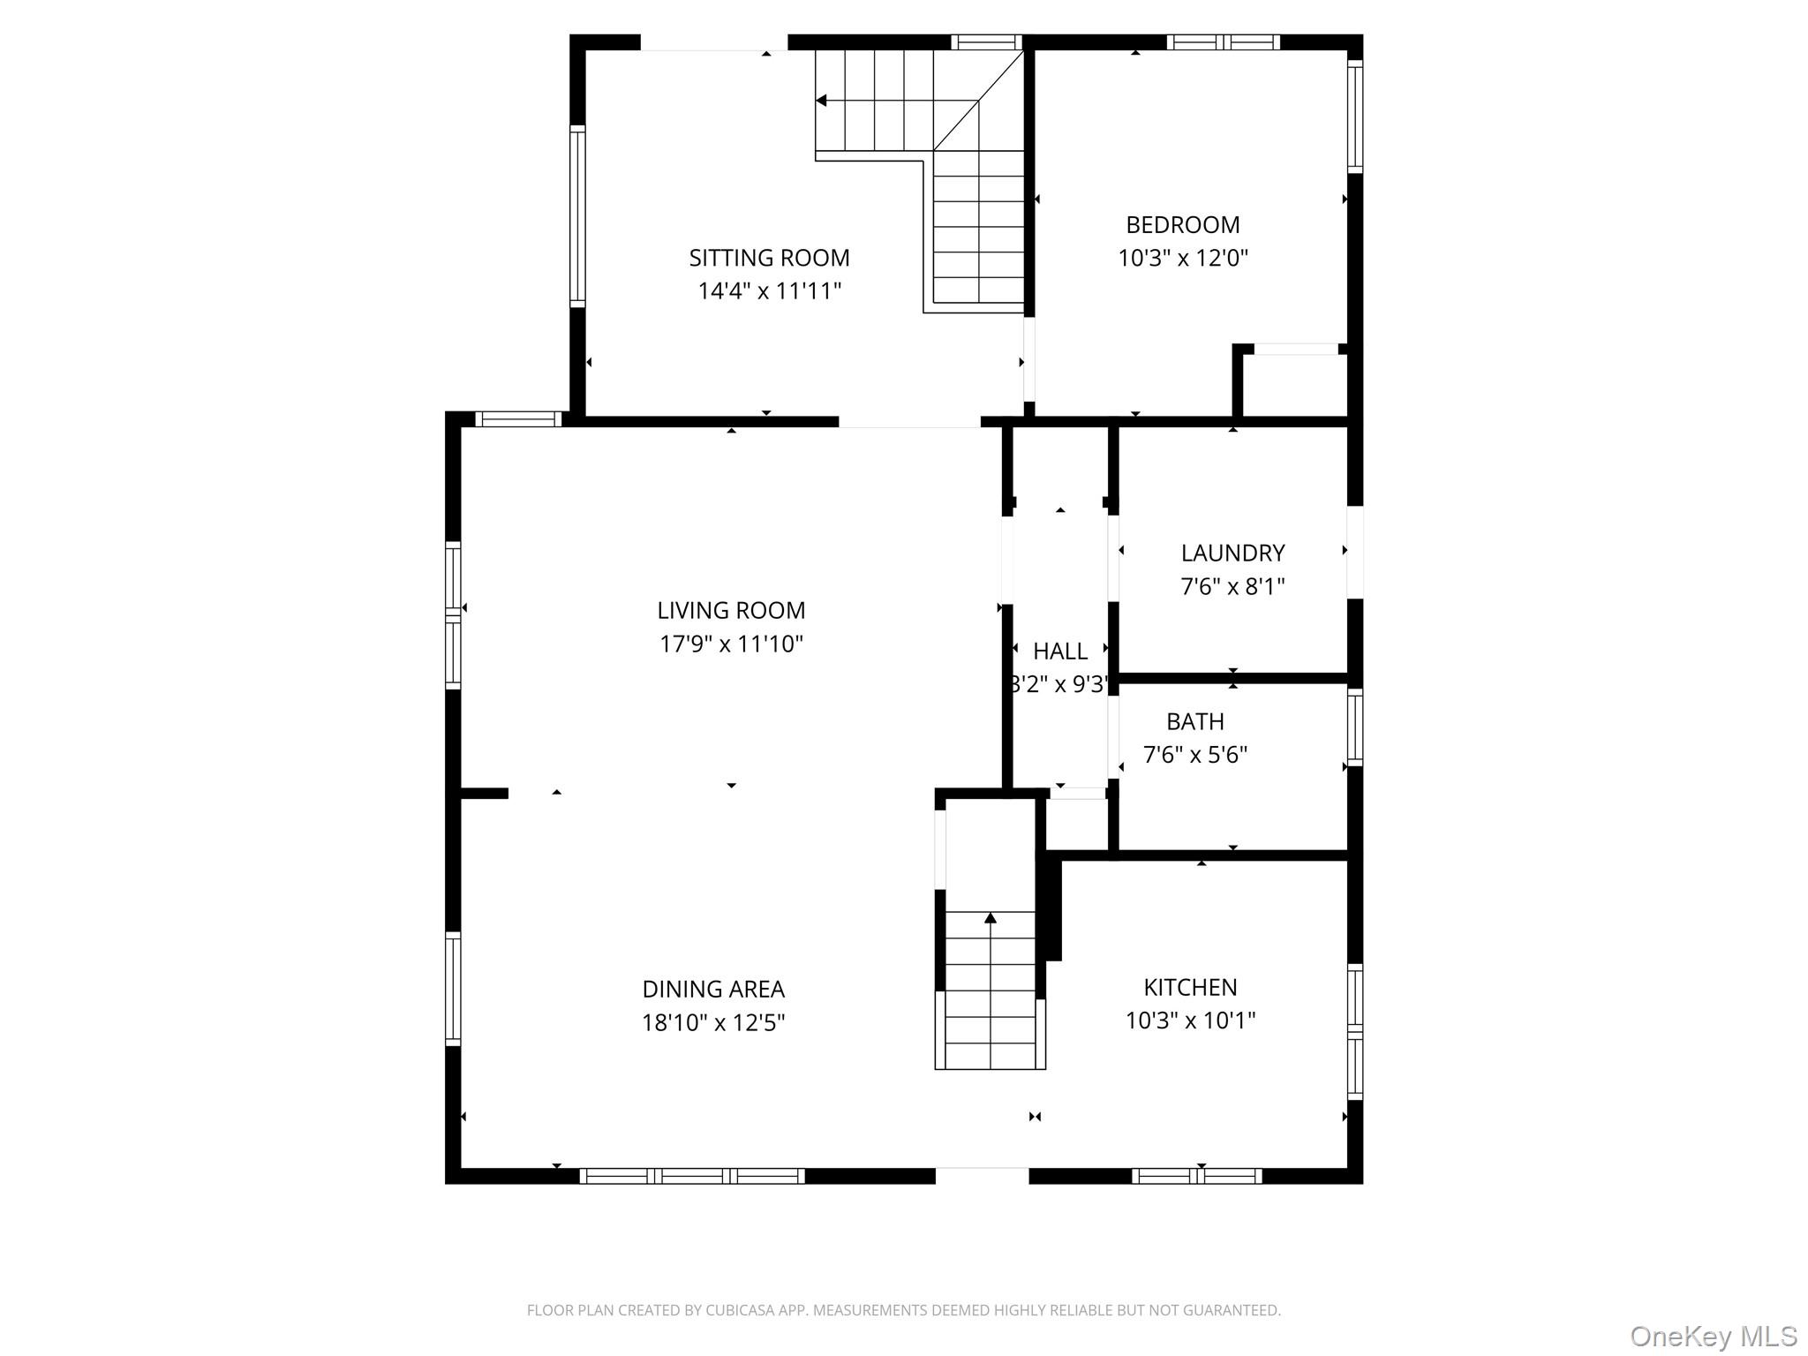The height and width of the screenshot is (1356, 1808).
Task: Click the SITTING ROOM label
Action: click(x=769, y=258)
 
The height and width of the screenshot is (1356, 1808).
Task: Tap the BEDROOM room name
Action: click(x=1183, y=224)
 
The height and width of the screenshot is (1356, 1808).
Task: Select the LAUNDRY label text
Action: click(x=1232, y=553)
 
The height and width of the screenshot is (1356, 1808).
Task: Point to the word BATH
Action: click(x=1195, y=721)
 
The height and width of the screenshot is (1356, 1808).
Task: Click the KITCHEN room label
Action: click(x=1190, y=987)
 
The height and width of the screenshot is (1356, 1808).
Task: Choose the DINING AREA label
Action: click(x=713, y=989)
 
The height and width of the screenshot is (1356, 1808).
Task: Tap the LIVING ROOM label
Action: click(x=731, y=610)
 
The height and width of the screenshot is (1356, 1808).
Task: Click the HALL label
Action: click(x=1060, y=651)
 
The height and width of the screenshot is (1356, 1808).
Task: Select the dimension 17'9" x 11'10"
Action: click(x=731, y=644)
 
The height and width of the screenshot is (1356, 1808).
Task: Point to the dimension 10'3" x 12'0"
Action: click(x=1183, y=258)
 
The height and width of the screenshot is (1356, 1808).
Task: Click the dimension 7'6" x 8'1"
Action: click(x=1232, y=586)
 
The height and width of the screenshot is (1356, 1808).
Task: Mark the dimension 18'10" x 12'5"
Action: click(x=713, y=1022)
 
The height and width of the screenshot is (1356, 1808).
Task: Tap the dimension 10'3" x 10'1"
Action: click(x=1190, y=1021)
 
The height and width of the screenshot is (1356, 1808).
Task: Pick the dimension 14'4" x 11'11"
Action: click(x=769, y=291)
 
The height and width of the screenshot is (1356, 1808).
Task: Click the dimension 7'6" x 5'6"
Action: click(x=1195, y=755)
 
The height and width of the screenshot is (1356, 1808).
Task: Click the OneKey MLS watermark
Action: click(x=1714, y=1336)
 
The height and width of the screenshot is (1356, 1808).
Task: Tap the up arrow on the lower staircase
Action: click(x=991, y=918)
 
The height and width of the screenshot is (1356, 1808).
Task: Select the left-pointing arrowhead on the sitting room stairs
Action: click(x=821, y=101)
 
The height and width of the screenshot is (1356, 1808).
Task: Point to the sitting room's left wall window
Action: click(x=577, y=216)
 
